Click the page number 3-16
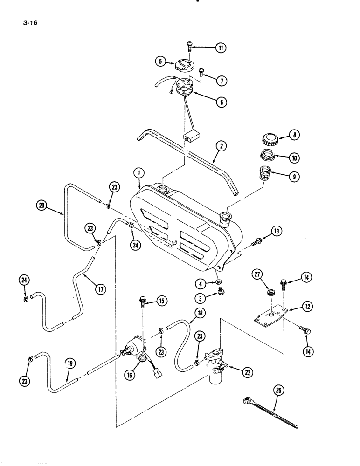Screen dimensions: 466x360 point(28,21)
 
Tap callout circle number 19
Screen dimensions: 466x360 point(68,373)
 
